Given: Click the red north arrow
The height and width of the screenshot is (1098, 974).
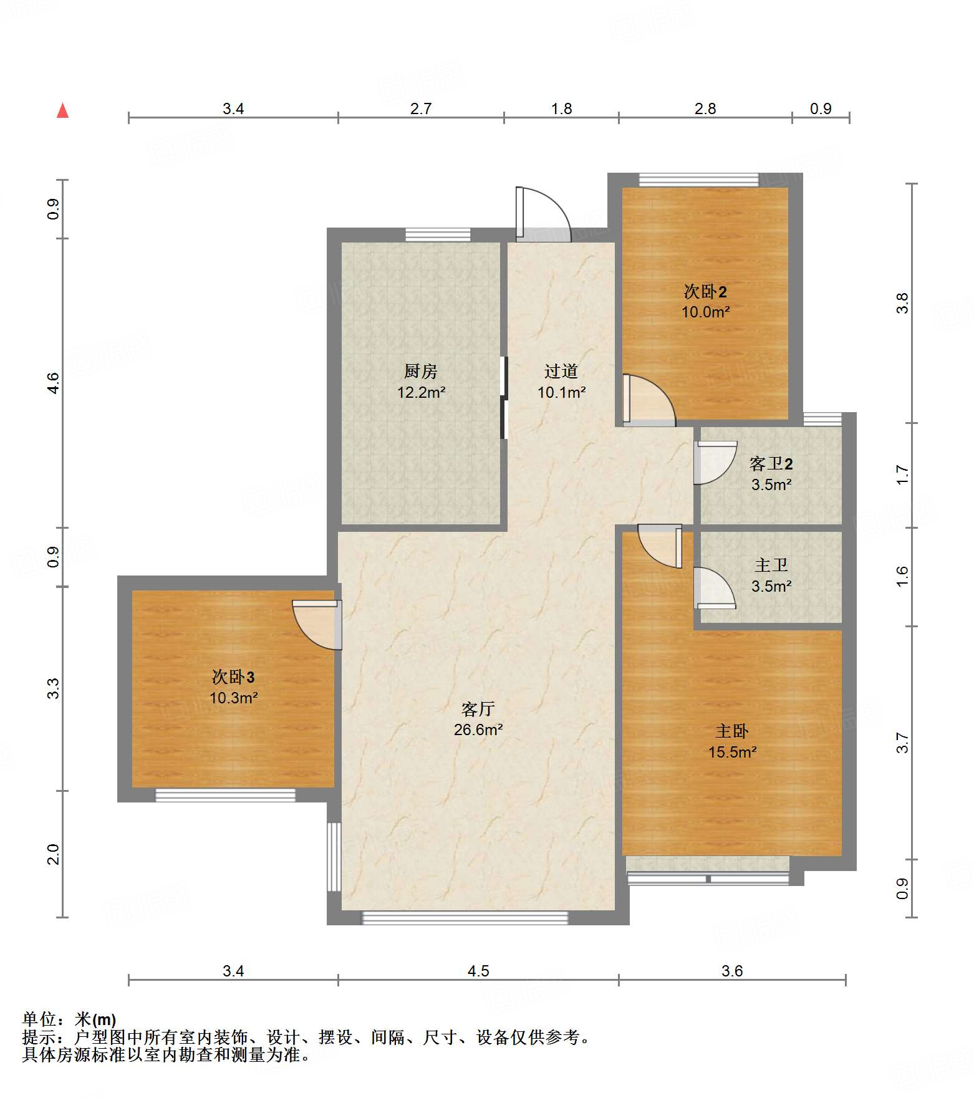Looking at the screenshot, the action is [62, 110].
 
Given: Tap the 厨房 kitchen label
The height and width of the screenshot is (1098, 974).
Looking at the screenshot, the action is [421, 372].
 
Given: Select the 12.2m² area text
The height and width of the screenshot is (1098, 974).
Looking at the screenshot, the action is [422, 392].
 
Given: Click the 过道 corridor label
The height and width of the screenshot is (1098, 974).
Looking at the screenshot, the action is [561, 372].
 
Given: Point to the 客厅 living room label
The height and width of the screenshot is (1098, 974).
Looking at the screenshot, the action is [478, 709].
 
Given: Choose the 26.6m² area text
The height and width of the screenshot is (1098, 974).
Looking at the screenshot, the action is [478, 730].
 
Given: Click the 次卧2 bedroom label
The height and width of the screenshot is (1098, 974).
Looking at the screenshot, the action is [705, 291].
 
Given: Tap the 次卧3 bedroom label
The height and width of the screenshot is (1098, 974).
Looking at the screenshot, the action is [233, 677].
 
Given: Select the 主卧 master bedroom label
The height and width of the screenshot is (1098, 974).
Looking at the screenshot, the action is [732, 731].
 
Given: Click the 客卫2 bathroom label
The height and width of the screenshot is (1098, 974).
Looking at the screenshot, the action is [771, 463].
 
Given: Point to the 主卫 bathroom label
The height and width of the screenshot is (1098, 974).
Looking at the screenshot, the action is [771, 565].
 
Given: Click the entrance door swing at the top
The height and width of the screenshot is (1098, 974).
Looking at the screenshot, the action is [542, 214].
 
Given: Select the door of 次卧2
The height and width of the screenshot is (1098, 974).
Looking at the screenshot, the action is [649, 400].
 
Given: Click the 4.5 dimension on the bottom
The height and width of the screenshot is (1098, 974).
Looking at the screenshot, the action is [478, 971].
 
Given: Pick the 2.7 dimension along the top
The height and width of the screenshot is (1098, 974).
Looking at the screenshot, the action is [421, 108].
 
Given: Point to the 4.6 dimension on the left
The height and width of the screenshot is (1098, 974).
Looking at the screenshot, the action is [54, 382].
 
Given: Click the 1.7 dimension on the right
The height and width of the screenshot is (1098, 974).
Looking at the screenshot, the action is [902, 475].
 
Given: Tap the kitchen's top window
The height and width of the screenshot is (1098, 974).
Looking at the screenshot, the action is [438, 235].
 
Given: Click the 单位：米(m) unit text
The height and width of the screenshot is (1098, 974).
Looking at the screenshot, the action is [69, 1019].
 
